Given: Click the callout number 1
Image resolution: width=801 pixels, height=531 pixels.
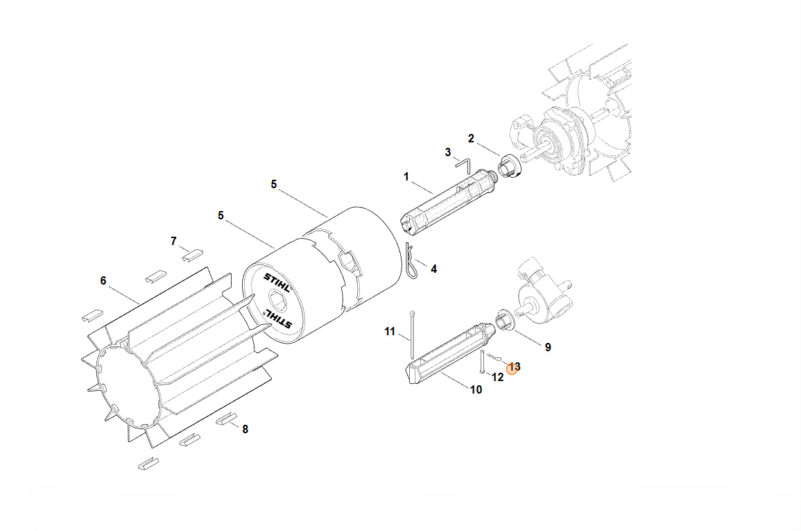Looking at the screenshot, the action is [x=406, y=177].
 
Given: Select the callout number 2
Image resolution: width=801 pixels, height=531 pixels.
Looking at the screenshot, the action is [x=471, y=139].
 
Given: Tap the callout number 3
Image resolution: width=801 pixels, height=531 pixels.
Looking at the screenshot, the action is [x=448, y=152].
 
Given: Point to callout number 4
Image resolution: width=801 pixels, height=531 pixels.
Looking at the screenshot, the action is [x=433, y=269].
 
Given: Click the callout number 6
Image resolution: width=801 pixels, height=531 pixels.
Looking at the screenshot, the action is [x=103, y=280].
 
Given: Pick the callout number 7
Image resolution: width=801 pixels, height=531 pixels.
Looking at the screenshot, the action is [x=173, y=241].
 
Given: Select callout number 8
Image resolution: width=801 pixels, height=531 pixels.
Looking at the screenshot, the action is [x=246, y=429].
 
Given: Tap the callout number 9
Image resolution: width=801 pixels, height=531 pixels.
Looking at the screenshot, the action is [x=548, y=348].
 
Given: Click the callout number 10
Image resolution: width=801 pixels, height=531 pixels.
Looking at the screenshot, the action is [x=476, y=390].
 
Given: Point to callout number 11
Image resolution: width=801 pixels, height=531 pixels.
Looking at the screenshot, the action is [x=390, y=332].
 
